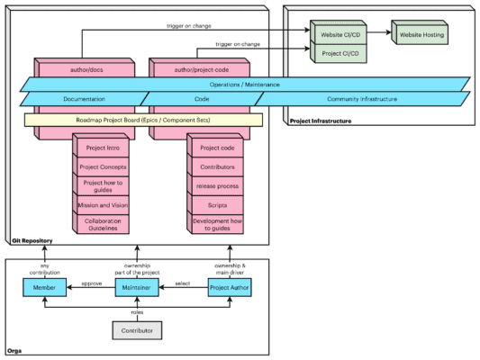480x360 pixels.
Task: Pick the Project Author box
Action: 230,288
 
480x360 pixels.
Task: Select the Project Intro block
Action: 102,148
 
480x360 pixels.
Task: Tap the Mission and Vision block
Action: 102,204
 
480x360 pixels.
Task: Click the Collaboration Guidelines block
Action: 102,224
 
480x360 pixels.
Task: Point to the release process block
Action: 213,186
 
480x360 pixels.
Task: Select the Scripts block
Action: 213,205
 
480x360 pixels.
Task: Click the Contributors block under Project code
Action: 213,166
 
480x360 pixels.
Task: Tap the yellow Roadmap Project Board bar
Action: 143,119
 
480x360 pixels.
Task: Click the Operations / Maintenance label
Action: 245,84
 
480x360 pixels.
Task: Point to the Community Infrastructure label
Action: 361,99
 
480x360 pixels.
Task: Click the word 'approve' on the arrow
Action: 91,283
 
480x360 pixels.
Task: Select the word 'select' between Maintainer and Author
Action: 183,283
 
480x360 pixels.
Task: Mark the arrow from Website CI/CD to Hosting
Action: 376,35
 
